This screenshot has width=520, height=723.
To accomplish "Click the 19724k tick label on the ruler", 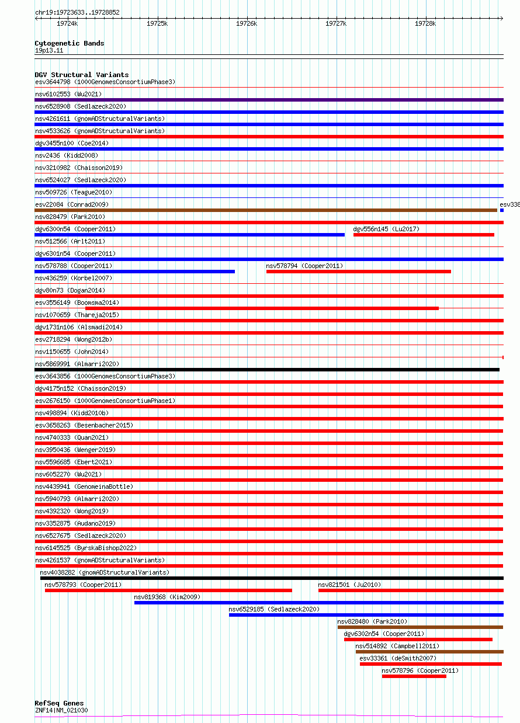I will coord(67,23).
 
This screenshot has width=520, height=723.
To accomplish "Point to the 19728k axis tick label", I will coord(425,23).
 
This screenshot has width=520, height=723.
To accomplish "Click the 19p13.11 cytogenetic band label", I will coord(49,51).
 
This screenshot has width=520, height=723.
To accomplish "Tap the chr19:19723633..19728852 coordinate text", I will coord(77,12).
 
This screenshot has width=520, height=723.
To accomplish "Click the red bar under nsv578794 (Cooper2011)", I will coord(358,271).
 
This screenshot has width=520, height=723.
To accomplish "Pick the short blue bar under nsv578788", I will coord(134,271).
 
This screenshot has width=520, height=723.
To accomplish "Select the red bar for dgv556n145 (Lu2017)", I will coord(424,235).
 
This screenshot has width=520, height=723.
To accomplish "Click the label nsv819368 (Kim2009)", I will coord(167,597).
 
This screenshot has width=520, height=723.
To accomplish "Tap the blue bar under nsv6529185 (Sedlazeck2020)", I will coord(366,615).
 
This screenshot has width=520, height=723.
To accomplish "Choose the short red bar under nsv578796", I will coord(414,676).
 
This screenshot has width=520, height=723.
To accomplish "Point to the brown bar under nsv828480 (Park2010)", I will coord(420,627).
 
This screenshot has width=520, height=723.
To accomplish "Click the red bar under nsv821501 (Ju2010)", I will coord(410,590).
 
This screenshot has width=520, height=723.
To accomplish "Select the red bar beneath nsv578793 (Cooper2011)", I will coord(168,590).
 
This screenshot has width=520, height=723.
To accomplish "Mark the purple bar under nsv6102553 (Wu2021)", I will coord(269,100).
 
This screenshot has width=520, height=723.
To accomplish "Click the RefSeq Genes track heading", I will coord(59,703).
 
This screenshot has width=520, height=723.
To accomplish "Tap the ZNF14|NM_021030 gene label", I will coord(61,710).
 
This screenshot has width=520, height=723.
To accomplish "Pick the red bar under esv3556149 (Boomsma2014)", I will coord(262,308).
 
